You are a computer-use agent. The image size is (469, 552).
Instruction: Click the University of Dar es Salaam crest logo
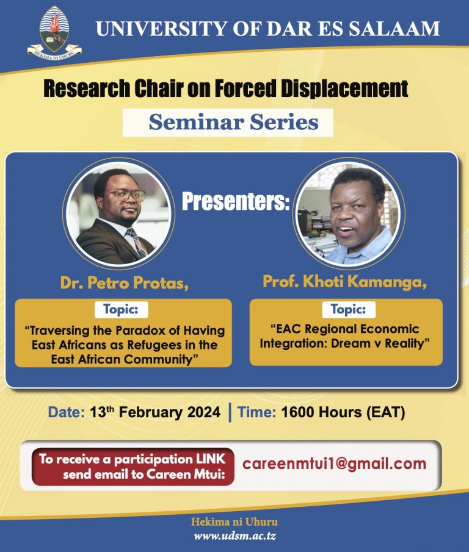pos(54,33)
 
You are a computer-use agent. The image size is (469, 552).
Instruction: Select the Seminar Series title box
pos(228,123)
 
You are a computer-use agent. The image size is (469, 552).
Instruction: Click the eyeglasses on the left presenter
pos(125,195)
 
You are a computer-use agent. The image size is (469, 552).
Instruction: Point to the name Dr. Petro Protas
pos(125,282)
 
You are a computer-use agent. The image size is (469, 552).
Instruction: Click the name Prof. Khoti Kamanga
pos(344,282)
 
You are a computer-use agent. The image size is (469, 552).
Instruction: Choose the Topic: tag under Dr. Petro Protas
pos(121,309)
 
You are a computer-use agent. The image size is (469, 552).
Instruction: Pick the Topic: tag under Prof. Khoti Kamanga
pos(349,309)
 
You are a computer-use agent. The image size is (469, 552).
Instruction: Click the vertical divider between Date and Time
pos(230,412)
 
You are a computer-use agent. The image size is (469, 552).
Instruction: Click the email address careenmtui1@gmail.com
pos(334,464)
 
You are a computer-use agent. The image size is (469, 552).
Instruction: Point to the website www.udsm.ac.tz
pos(234,536)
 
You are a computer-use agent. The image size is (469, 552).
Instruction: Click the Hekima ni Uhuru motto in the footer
pos(234,522)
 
